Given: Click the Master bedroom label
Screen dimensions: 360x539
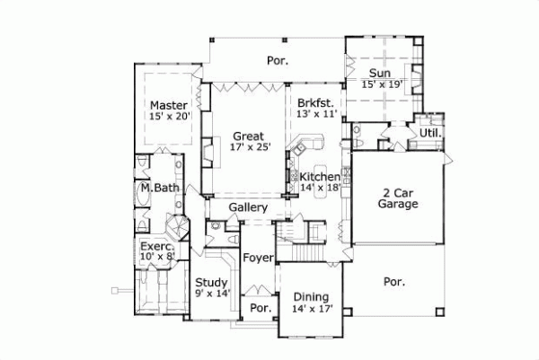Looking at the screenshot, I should (x=169, y=104).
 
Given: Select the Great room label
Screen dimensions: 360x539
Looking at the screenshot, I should (x=248, y=136).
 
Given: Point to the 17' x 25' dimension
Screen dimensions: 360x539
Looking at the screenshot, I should (x=248, y=148).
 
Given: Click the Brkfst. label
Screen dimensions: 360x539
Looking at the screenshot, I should (x=316, y=103).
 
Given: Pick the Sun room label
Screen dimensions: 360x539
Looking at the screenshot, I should (x=377, y=72).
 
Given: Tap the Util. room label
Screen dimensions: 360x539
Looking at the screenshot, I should (x=430, y=134).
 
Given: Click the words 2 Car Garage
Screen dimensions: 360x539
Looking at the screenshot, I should (x=398, y=198).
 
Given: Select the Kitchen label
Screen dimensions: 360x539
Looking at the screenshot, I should (x=321, y=176).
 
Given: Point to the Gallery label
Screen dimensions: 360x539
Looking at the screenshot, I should (x=248, y=207).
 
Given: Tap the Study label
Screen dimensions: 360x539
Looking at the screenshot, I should (x=212, y=281).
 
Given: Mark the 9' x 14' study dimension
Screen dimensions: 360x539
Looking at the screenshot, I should (x=212, y=293).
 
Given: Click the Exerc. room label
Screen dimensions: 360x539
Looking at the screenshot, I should (x=155, y=244).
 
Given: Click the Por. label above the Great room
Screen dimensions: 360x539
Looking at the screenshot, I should (x=276, y=61).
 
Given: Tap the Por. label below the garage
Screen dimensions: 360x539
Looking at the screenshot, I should (x=394, y=281).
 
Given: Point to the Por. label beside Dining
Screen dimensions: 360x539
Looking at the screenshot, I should (x=261, y=308).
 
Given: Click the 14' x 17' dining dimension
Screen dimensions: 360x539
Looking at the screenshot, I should (x=312, y=309).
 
